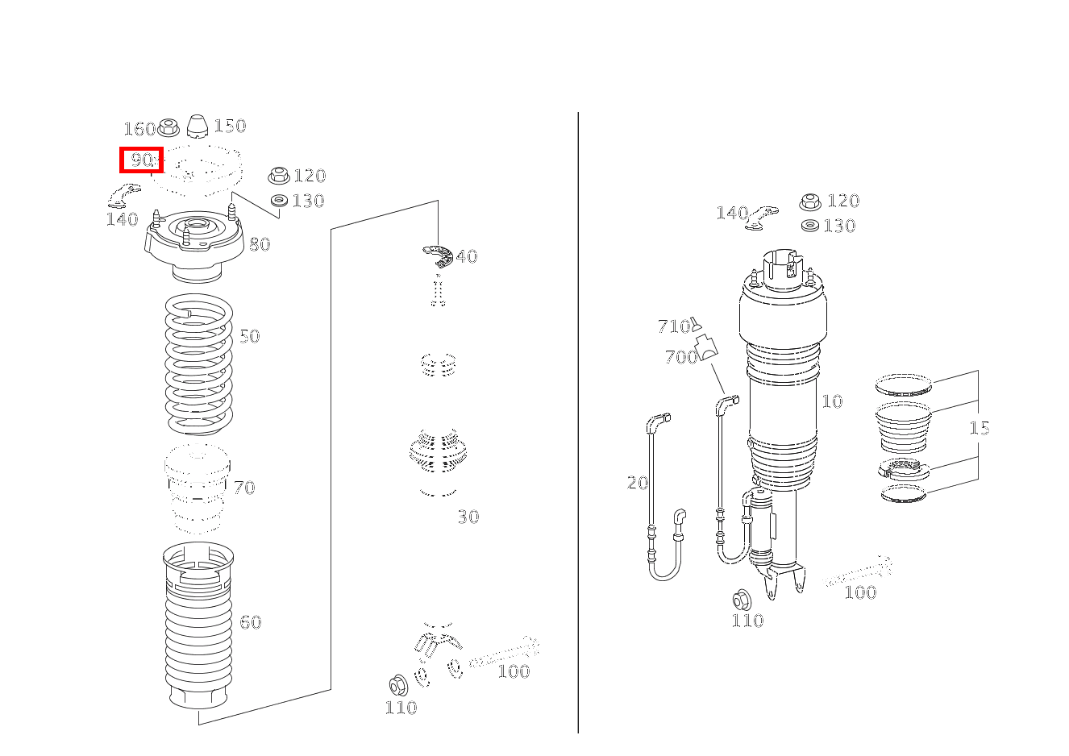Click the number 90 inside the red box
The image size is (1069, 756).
tap(141, 160)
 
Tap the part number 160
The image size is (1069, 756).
tap(139, 129)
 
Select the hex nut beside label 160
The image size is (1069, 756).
tap(168, 127)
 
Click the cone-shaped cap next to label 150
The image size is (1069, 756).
tap(197, 127)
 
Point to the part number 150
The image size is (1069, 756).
tap(230, 126)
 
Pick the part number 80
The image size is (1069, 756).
tap(260, 245)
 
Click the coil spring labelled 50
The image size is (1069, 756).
tap(198, 364)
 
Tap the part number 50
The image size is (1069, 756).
tap(250, 336)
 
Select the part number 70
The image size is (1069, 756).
tap(244, 488)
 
